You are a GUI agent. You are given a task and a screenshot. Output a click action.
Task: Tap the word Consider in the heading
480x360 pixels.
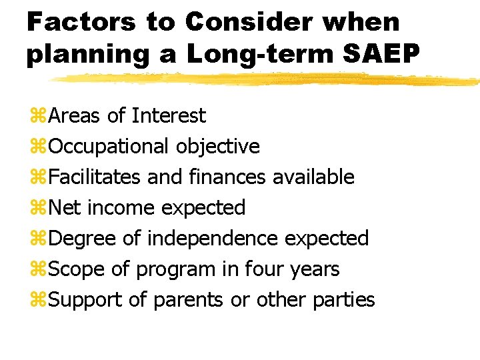[x=247, y=22]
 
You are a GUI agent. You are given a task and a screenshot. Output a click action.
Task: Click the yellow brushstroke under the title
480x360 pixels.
[x=267, y=79]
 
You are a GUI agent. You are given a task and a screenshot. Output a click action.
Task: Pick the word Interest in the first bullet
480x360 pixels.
[x=169, y=116]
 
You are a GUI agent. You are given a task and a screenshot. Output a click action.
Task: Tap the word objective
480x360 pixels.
[x=218, y=147]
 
